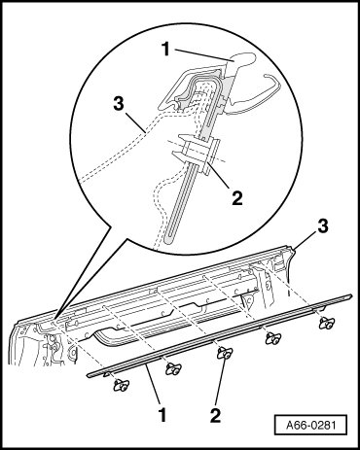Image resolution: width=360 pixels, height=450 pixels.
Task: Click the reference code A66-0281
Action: [310, 425]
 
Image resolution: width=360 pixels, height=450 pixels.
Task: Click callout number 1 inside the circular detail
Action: [165, 50]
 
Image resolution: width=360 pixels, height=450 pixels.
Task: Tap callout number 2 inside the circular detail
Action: [236, 198]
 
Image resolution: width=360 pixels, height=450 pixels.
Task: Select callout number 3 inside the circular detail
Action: [119, 104]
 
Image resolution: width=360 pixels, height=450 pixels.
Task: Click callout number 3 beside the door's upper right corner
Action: [323, 226]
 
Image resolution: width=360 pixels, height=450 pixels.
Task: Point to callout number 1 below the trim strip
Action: [162, 415]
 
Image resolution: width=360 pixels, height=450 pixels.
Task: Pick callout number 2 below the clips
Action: [215, 415]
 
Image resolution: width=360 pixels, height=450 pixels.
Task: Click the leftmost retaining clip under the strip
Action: [121, 385]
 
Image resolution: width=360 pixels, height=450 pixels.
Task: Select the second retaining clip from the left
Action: [173, 369]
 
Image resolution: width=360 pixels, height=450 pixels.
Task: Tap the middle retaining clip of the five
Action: [225, 353]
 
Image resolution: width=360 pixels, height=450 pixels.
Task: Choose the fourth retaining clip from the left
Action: [273, 338]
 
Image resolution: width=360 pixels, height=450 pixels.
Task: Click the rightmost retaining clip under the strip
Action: [327, 323]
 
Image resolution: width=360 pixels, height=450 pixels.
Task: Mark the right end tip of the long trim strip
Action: [351, 295]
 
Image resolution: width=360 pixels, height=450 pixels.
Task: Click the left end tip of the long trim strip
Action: [89, 375]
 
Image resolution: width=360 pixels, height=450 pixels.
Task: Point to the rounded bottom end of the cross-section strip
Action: [167, 240]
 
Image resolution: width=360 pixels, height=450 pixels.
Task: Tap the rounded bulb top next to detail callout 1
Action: [243, 58]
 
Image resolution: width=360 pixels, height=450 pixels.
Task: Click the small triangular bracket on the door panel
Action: [248, 302]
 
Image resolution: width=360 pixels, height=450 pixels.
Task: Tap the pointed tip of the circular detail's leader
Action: [55, 319]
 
